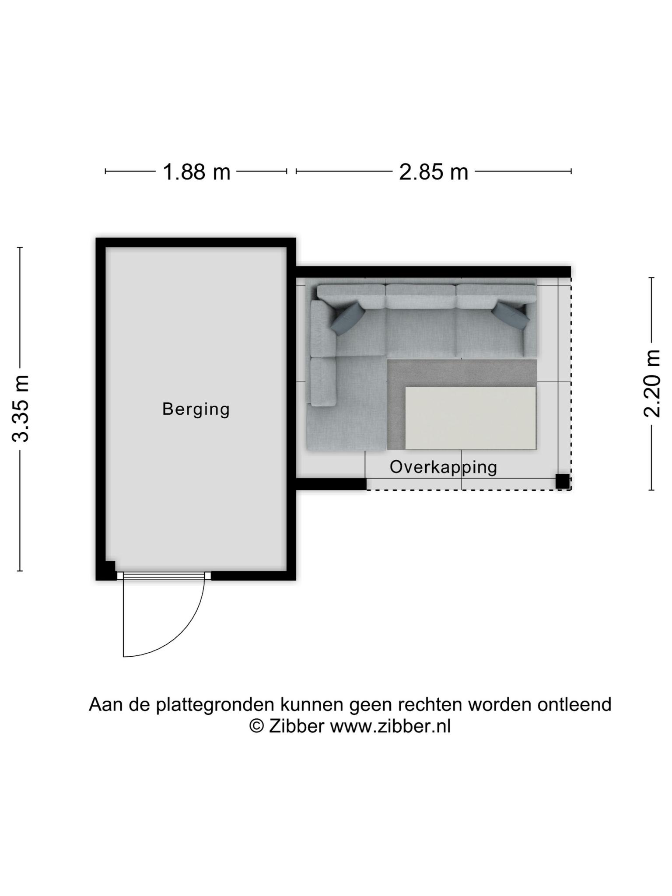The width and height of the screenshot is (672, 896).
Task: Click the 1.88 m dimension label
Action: pyautogui.click(x=196, y=172)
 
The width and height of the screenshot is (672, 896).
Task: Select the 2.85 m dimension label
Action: pyautogui.click(x=434, y=172)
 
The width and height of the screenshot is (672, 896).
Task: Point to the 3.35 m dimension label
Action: pyautogui.click(x=21, y=409)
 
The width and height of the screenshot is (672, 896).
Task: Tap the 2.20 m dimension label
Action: pyautogui.click(x=652, y=383)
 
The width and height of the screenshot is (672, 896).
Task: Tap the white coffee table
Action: pyautogui.click(x=470, y=418)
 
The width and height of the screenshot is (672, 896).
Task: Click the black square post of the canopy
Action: pyautogui.click(x=563, y=481)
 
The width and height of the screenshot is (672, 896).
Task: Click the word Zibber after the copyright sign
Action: pyautogui.click(x=296, y=727)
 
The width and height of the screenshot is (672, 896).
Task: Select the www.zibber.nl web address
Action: pyautogui.click(x=390, y=727)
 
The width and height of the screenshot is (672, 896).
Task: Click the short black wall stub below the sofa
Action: pyautogui.click(x=331, y=484)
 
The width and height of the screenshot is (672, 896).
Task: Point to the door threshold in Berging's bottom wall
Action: pyautogui.click(x=164, y=576)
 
